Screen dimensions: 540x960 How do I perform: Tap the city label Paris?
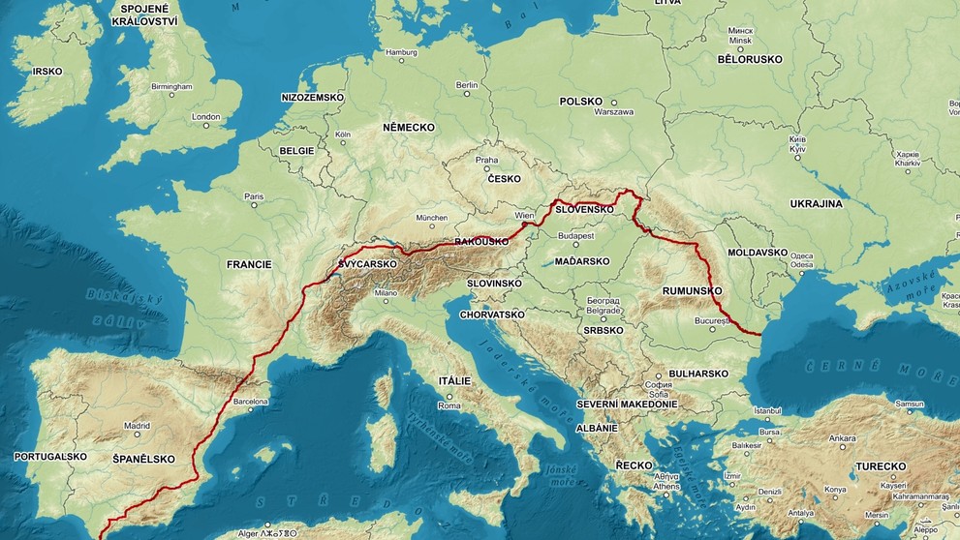coord(254,196)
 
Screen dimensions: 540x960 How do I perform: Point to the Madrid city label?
coord(137,426)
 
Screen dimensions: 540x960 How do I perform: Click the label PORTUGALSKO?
coord(44,456)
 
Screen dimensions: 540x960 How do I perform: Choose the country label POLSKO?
coord(581,102)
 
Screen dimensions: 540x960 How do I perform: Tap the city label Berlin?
coord(467,85)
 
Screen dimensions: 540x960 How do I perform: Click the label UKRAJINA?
coord(817,204)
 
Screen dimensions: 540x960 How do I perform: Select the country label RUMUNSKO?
coord(693,290)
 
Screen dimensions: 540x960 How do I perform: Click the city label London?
coord(206,116)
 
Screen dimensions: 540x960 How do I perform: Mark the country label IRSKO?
coord(47,72)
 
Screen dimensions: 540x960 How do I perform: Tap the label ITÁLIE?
coord(453,381)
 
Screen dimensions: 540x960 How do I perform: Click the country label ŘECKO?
coord(634,465)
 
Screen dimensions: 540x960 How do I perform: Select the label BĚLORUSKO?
coord(751,59)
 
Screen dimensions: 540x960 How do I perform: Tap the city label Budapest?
coord(575,235)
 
